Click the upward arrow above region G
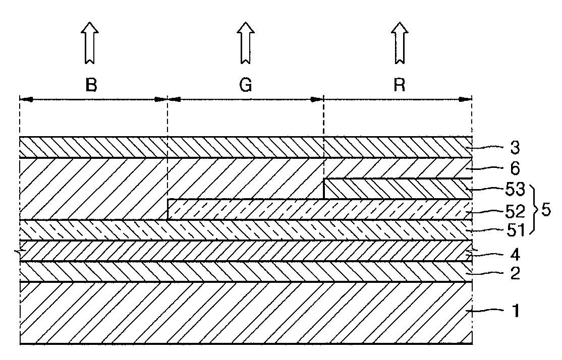coord(245,42)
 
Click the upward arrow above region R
coord(400,42)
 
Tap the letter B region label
coord(91,86)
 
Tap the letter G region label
coord(245,86)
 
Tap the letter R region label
coord(400,86)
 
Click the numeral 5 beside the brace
coord(545,210)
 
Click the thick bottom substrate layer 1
coord(245,313)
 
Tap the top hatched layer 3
coord(245,147)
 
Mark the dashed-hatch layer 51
coord(245,230)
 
